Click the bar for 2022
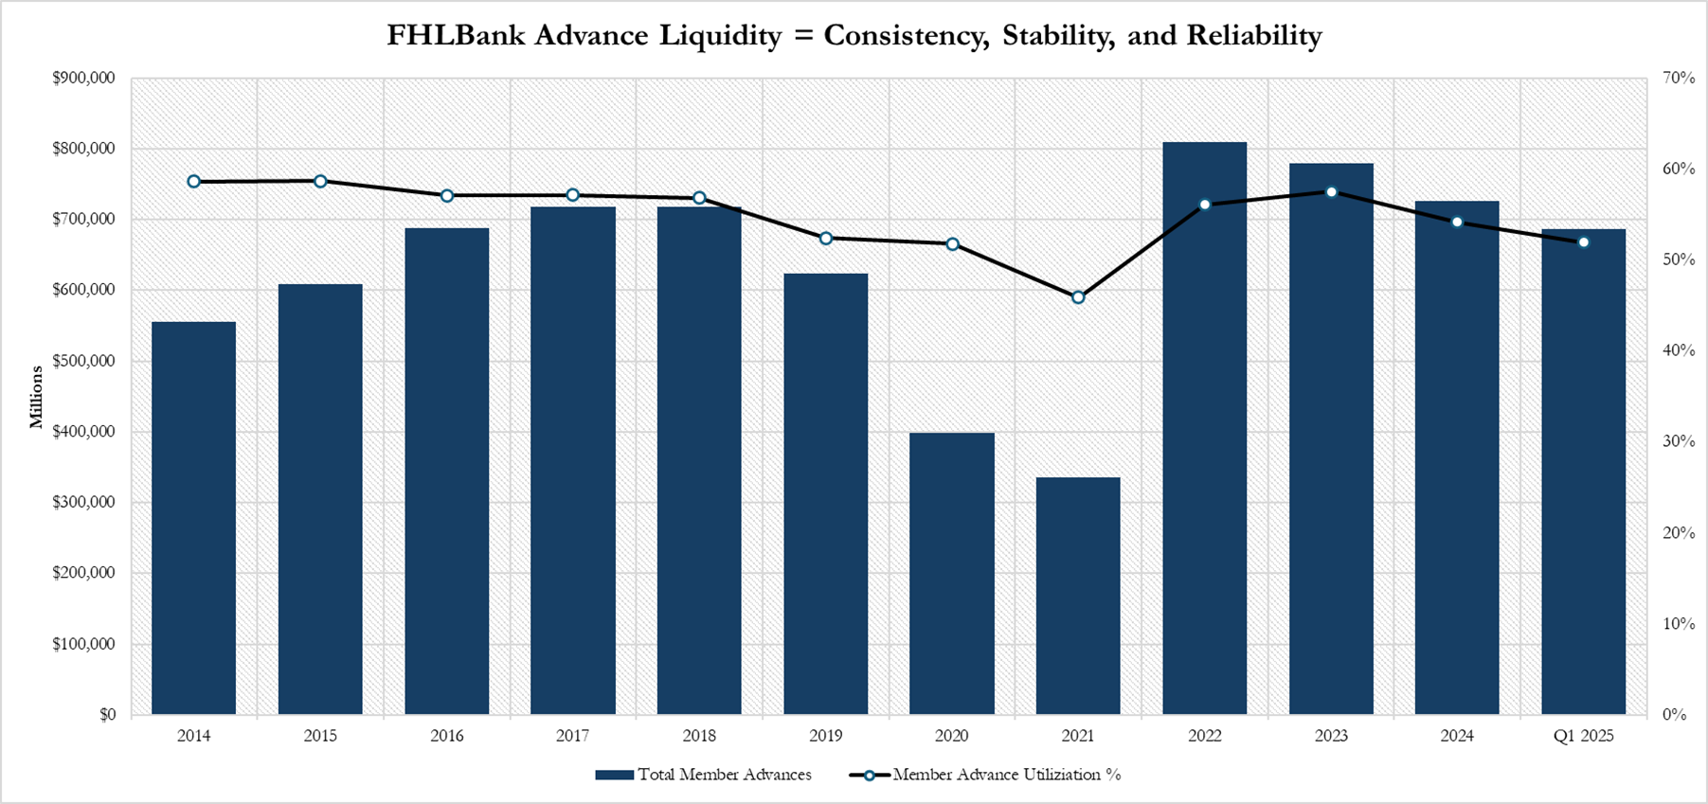pyautogui.click(x=1204, y=428)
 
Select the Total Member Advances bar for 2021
pyautogui.click(x=1078, y=596)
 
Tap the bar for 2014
pyautogui.click(x=193, y=518)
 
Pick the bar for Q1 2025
pyautogui.click(x=1583, y=472)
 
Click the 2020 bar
pyautogui.click(x=952, y=573)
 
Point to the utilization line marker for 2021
pyautogui.click(x=1078, y=297)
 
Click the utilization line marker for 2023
pyautogui.click(x=1331, y=192)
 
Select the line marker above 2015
pyautogui.click(x=320, y=181)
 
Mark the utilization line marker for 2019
pyautogui.click(x=826, y=239)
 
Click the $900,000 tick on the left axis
pyautogui.click(x=83, y=78)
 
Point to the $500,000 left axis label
pyautogui.click(x=83, y=361)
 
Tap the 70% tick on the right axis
pyautogui.click(x=1679, y=78)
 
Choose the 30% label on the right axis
pyautogui.click(x=1679, y=441)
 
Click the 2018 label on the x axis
pyautogui.click(x=699, y=736)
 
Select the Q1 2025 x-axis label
pyautogui.click(x=1583, y=736)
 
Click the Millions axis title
pyautogui.click(x=37, y=397)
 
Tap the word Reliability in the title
pyautogui.click(x=1253, y=36)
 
